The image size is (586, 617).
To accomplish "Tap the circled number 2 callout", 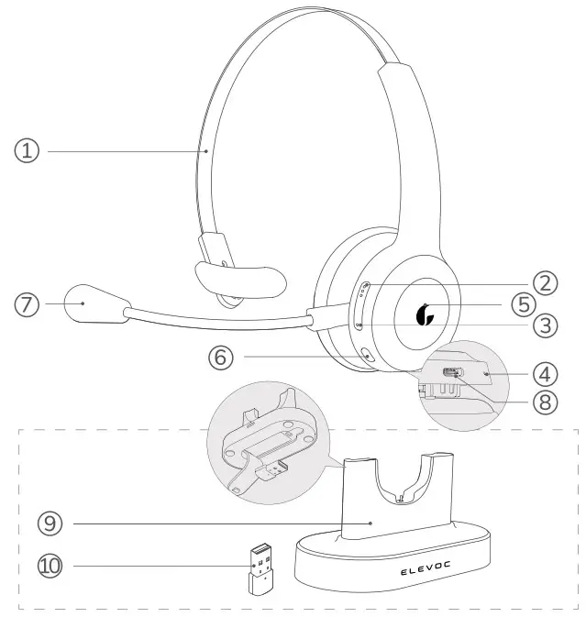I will pos(547,282).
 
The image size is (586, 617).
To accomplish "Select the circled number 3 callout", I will pos(547,324).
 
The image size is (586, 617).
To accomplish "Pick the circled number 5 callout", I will pos(547,303).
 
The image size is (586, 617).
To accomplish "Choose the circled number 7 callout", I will pos(28,303).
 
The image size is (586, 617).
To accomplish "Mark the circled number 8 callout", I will pos(547,401).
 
